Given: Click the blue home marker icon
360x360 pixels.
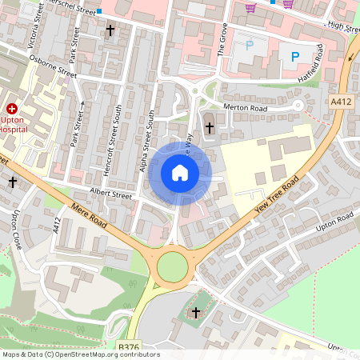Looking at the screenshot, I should pos(180,173).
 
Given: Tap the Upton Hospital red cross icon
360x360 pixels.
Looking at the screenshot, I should pos(12,108).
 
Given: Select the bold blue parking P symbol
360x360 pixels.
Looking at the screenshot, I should pos(294,56).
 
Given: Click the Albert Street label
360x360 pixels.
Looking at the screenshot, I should pos(110,194).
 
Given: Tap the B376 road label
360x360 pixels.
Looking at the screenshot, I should pos(129,346).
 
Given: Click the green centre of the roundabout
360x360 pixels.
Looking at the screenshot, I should pos(172,267).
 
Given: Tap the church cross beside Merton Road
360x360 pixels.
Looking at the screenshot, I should pos(210,127).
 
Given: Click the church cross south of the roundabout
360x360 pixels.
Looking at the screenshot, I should pos(197,311).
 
